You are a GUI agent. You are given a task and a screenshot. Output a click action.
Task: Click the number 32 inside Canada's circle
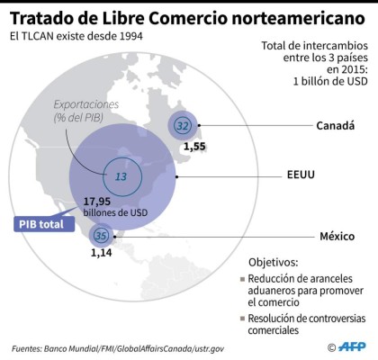(184, 125)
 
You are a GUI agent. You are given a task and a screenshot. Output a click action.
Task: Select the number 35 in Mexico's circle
(101, 237)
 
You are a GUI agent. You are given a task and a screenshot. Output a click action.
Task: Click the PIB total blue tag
(44, 223)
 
